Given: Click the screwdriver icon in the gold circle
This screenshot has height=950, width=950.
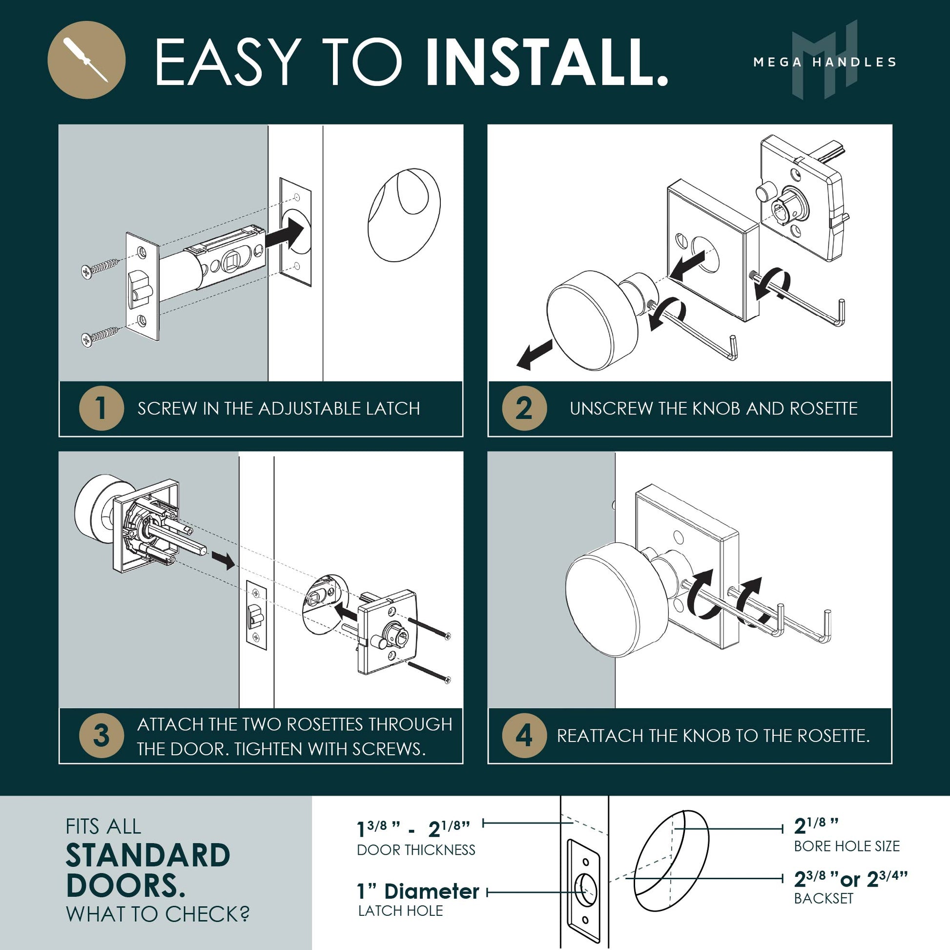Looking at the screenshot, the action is pos(86,60).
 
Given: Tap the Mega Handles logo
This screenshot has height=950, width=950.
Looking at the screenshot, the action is pos(825,60).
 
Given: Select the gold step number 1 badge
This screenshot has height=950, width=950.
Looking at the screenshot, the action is pos(101,408).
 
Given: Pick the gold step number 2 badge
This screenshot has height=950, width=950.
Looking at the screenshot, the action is pos(524,408).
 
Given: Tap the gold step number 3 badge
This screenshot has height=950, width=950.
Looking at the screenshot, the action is pos(101,736).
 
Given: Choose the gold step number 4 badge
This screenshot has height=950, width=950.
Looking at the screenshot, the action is pos(524,736).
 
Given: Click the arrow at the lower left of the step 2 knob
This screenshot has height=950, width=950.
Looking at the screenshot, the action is pos(535,356).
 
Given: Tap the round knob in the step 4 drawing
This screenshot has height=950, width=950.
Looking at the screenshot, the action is pos(610,599).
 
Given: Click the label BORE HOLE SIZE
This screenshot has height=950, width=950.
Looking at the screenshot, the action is pos(847,846).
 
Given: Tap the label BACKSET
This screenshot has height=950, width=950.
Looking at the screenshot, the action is pos(824,898).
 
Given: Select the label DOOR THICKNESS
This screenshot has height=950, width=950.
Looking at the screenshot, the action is pos(416,850).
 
